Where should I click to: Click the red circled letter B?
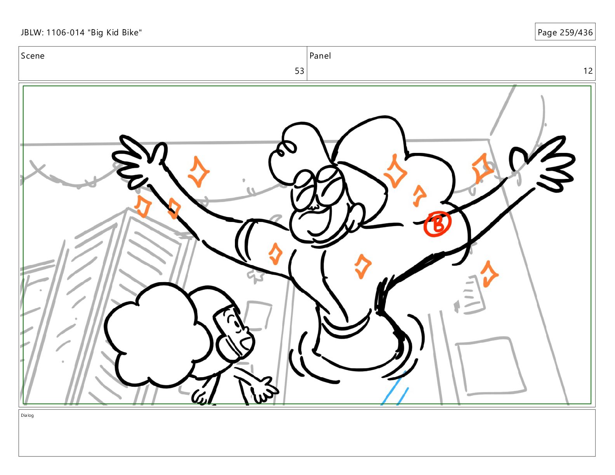(437, 224)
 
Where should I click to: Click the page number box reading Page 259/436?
(565, 32)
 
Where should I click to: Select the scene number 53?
(299, 71)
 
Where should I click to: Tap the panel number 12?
(588, 71)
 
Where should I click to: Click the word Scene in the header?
(33, 56)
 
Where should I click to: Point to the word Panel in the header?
(320, 56)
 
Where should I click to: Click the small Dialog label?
(27, 415)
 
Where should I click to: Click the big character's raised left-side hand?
(139, 161)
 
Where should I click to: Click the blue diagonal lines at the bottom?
(395, 389)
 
